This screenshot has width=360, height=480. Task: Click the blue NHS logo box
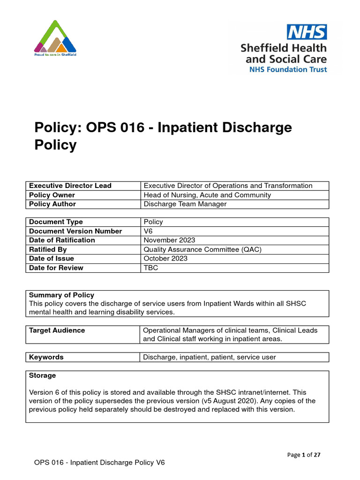pos(307,32)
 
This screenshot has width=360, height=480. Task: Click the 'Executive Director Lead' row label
pos(70,186)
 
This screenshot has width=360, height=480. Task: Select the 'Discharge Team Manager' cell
pos(185,204)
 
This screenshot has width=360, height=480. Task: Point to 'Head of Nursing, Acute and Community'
pos(207,195)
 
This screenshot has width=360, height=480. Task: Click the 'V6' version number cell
pos(149,231)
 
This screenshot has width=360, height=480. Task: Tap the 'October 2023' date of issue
pos(165,258)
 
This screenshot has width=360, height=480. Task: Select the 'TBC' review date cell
pos(151,268)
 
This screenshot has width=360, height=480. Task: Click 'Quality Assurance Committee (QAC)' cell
pos(202,249)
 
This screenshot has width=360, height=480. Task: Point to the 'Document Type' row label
pos(56,222)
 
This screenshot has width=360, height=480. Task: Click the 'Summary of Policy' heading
pos(61,295)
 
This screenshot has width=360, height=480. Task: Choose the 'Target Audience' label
pos(57,330)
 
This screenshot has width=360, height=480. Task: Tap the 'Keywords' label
pos(46,357)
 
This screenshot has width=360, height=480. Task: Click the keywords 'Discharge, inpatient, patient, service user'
pos(210,357)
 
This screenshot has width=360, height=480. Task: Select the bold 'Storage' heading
pos(42,375)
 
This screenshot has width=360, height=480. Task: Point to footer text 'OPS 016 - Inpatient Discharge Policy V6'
pos(99,463)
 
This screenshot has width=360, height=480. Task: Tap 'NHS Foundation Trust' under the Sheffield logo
pos(288,69)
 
